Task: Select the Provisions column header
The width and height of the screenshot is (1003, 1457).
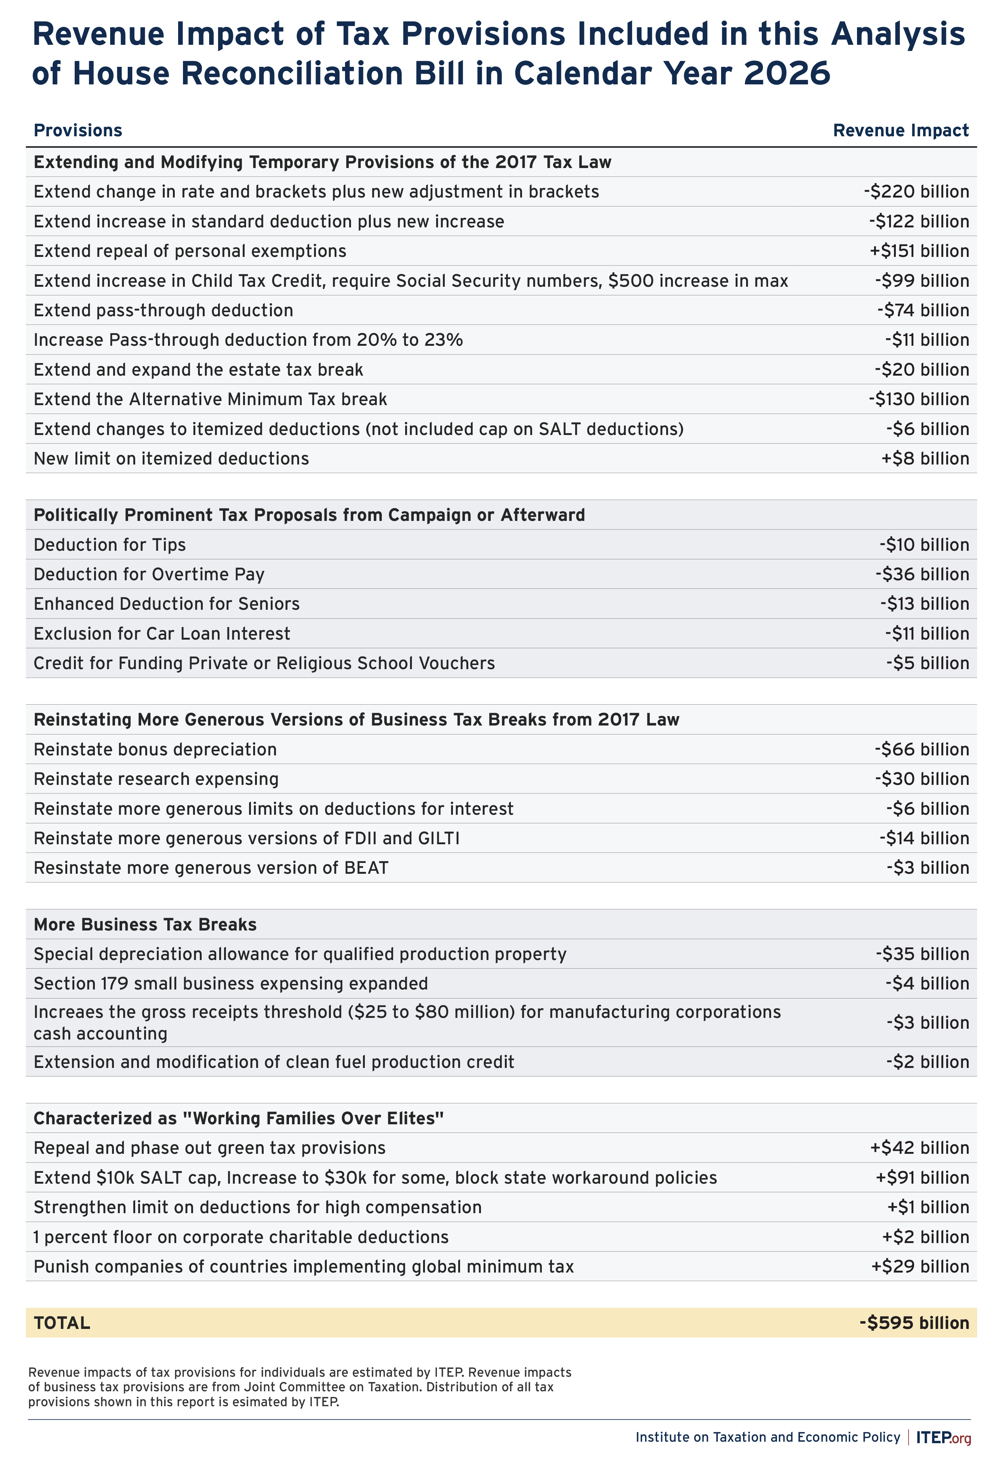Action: [78, 131]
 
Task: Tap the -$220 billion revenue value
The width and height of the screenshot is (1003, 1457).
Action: [916, 192]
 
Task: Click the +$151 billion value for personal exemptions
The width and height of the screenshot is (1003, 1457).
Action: [919, 251]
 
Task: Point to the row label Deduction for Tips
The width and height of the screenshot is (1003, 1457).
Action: [110, 545]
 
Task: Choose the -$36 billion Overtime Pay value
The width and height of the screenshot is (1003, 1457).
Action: [922, 574]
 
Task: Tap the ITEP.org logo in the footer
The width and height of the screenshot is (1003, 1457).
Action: [943, 1437]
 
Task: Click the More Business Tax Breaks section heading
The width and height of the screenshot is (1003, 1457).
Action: [145, 925]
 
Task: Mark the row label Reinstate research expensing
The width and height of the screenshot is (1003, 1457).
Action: [156, 779]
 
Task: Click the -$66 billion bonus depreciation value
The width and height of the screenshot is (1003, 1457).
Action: [921, 749]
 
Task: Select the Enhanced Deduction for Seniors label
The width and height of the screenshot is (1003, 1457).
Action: [167, 604]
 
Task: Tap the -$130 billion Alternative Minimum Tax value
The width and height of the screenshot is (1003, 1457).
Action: [919, 400]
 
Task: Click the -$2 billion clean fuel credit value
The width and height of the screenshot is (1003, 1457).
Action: [928, 1062]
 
